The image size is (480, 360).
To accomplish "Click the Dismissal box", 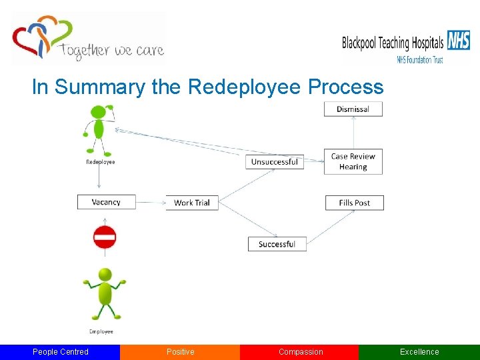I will coord(353,109).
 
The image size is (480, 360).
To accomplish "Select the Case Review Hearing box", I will coord(353,162).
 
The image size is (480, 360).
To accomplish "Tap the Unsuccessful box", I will coord(274,162).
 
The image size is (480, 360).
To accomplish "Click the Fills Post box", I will coord(354,203).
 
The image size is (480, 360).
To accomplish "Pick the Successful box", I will coord(277,244).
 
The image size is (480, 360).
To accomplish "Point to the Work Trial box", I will coord(192,203).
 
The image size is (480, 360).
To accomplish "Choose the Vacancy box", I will coord(106,202).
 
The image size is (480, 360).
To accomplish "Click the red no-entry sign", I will coord(105,237).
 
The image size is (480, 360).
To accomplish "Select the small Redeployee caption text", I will coord(101,162).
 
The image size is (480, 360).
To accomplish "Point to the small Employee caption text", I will coord(101,331).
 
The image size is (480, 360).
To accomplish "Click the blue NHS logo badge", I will coord(458,41).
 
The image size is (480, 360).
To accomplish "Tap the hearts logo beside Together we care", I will coord(40,39).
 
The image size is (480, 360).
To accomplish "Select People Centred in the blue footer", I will coord(60,352).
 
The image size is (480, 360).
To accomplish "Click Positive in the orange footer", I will coord(180,352).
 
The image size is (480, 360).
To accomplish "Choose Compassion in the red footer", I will coord(300,352).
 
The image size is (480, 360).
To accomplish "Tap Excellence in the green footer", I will coord(419,352).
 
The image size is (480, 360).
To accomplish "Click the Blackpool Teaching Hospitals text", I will coord(393,43).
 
